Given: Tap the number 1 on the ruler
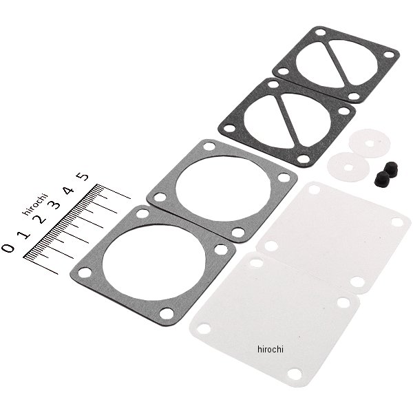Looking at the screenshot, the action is [25, 234].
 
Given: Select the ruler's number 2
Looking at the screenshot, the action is [41, 219].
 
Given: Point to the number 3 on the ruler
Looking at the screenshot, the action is [55, 204].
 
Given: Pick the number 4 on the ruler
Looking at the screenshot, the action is [69, 190].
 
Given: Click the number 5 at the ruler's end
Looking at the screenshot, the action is [83, 176].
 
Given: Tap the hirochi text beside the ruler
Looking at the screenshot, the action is [35, 204].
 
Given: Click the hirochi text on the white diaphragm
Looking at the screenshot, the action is [271, 349].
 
